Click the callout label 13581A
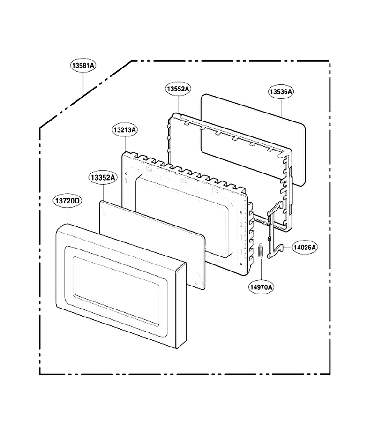(x=83, y=65)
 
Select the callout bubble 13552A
(x=178, y=89)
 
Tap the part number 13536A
(x=281, y=91)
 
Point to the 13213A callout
(x=125, y=130)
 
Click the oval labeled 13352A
(x=103, y=178)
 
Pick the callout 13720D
(x=67, y=201)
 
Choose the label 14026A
(x=305, y=247)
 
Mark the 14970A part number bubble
(x=262, y=287)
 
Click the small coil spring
(x=261, y=251)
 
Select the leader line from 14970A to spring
(x=261, y=270)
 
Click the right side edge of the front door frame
(x=180, y=305)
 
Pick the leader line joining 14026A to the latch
(x=287, y=247)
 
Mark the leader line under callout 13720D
(x=67, y=216)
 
